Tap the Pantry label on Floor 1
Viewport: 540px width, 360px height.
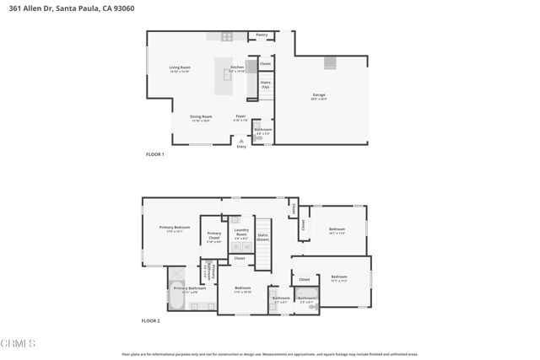[262, 35]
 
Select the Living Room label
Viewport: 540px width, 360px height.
[180, 67]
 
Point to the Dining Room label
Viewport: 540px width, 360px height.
[201, 116]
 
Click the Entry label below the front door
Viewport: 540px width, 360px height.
[241, 147]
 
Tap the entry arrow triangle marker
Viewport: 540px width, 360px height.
[241, 141]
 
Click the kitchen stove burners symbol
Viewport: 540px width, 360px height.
[227, 36]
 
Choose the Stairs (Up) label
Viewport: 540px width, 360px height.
[265, 84]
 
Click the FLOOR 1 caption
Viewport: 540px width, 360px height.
[155, 154]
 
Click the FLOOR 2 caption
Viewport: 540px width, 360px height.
[150, 321]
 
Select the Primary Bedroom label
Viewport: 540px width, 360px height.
[175, 228]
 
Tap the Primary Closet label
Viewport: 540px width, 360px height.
[214, 235]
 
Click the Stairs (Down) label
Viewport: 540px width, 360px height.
[262, 237]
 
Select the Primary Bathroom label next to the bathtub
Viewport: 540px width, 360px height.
[190, 288]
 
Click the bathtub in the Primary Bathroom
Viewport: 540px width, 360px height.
[178, 301]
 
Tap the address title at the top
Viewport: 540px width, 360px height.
[61, 8]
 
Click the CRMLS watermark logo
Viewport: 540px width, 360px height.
[19, 344]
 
